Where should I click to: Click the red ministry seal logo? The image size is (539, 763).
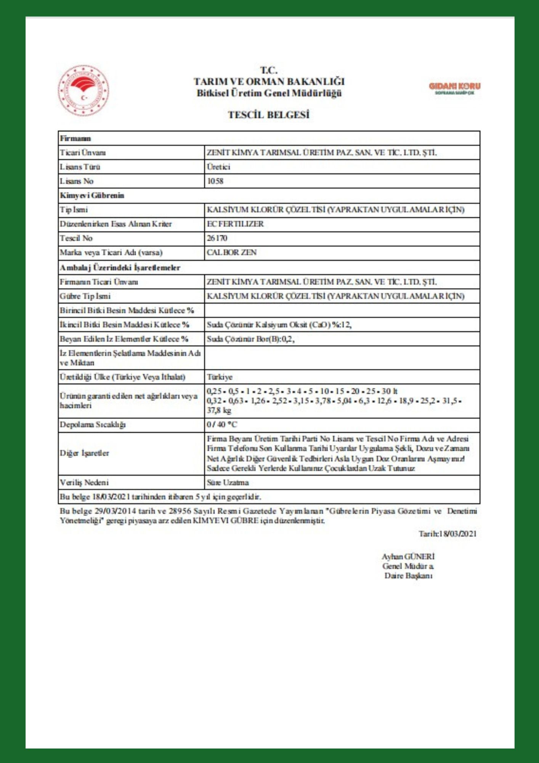pyautogui.click(x=83, y=90)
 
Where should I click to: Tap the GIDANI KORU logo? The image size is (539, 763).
pyautogui.click(x=454, y=88)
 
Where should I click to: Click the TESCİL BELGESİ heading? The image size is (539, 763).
pyautogui.click(x=269, y=115)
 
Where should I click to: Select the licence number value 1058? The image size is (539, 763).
pyautogui.click(x=215, y=181)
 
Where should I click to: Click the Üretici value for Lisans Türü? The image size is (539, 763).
pyautogui.click(x=218, y=167)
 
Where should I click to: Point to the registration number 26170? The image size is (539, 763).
pyautogui.click(x=217, y=238)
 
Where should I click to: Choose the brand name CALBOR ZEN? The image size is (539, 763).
pyautogui.click(x=231, y=253)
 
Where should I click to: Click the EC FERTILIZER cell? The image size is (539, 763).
pyautogui.click(x=235, y=224)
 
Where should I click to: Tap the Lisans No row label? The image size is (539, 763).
pyautogui.click(x=77, y=181)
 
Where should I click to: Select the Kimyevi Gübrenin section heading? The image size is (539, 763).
pyautogui.click(x=92, y=195)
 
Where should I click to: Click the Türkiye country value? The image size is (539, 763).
pyautogui.click(x=220, y=377)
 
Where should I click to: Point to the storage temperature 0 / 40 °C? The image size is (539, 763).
pyautogui.click(x=222, y=425)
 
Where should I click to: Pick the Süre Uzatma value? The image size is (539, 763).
pyautogui.click(x=228, y=483)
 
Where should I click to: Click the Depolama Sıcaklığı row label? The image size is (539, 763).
pyautogui.click(x=93, y=425)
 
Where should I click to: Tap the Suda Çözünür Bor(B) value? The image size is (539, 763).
pyautogui.click(x=250, y=339)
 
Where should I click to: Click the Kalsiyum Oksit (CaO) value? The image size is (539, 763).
pyautogui.click(x=279, y=325)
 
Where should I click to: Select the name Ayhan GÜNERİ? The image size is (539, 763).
pyautogui.click(x=408, y=557)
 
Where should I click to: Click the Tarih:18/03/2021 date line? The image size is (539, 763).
pyautogui.click(x=448, y=534)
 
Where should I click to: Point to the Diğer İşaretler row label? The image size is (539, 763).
pyautogui.click(x=84, y=453)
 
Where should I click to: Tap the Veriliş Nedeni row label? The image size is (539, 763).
pyautogui.click(x=84, y=483)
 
